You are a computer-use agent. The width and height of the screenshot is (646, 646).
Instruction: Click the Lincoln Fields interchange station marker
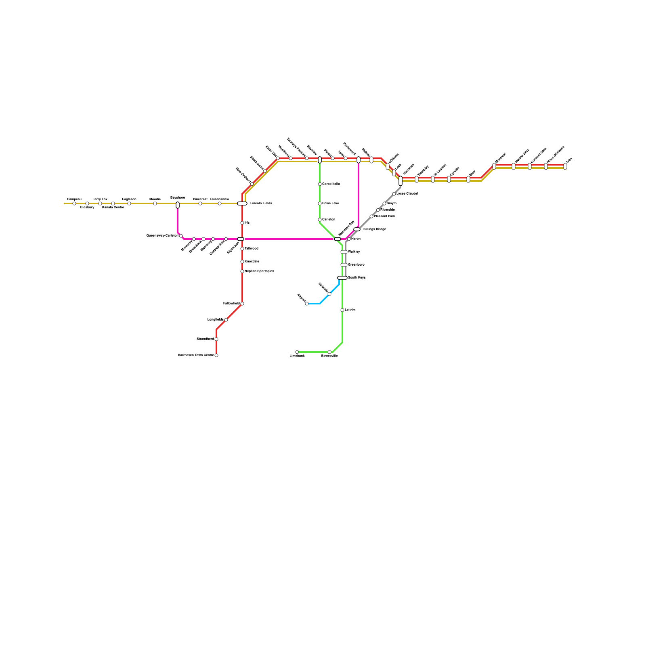click(x=242, y=203)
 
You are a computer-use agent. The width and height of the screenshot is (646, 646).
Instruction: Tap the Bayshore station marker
click(x=178, y=205)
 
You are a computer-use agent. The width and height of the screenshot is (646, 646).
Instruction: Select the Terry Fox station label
click(x=100, y=199)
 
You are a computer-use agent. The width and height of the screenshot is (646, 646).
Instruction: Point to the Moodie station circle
click(x=155, y=203)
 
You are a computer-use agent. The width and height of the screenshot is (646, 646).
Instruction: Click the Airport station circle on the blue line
click(x=307, y=304)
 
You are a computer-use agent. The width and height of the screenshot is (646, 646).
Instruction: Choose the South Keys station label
click(x=357, y=278)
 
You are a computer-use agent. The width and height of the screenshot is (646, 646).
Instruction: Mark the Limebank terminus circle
click(x=297, y=352)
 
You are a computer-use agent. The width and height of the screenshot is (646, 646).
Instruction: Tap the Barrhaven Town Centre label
click(x=196, y=355)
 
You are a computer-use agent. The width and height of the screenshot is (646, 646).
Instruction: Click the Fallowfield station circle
click(x=242, y=304)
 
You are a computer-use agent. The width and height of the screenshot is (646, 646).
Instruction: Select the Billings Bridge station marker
click(x=357, y=229)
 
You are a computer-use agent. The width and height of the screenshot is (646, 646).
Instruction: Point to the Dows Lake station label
click(x=331, y=203)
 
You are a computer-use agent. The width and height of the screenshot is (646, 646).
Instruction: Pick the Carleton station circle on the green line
click(x=320, y=220)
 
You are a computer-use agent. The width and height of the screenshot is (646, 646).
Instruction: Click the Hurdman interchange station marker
click(x=401, y=181)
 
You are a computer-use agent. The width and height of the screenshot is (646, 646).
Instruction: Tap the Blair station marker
click(x=468, y=179)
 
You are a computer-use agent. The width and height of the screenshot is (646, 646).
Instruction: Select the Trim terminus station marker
click(x=565, y=166)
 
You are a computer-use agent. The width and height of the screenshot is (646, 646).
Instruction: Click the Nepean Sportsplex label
click(x=259, y=271)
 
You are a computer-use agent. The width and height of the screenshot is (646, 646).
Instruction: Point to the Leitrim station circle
click(x=342, y=310)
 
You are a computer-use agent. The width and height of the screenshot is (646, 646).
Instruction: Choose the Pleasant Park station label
click(x=384, y=216)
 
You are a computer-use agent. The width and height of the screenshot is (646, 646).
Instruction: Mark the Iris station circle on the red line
click(x=242, y=223)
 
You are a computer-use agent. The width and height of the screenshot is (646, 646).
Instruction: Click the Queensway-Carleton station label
click(x=162, y=235)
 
